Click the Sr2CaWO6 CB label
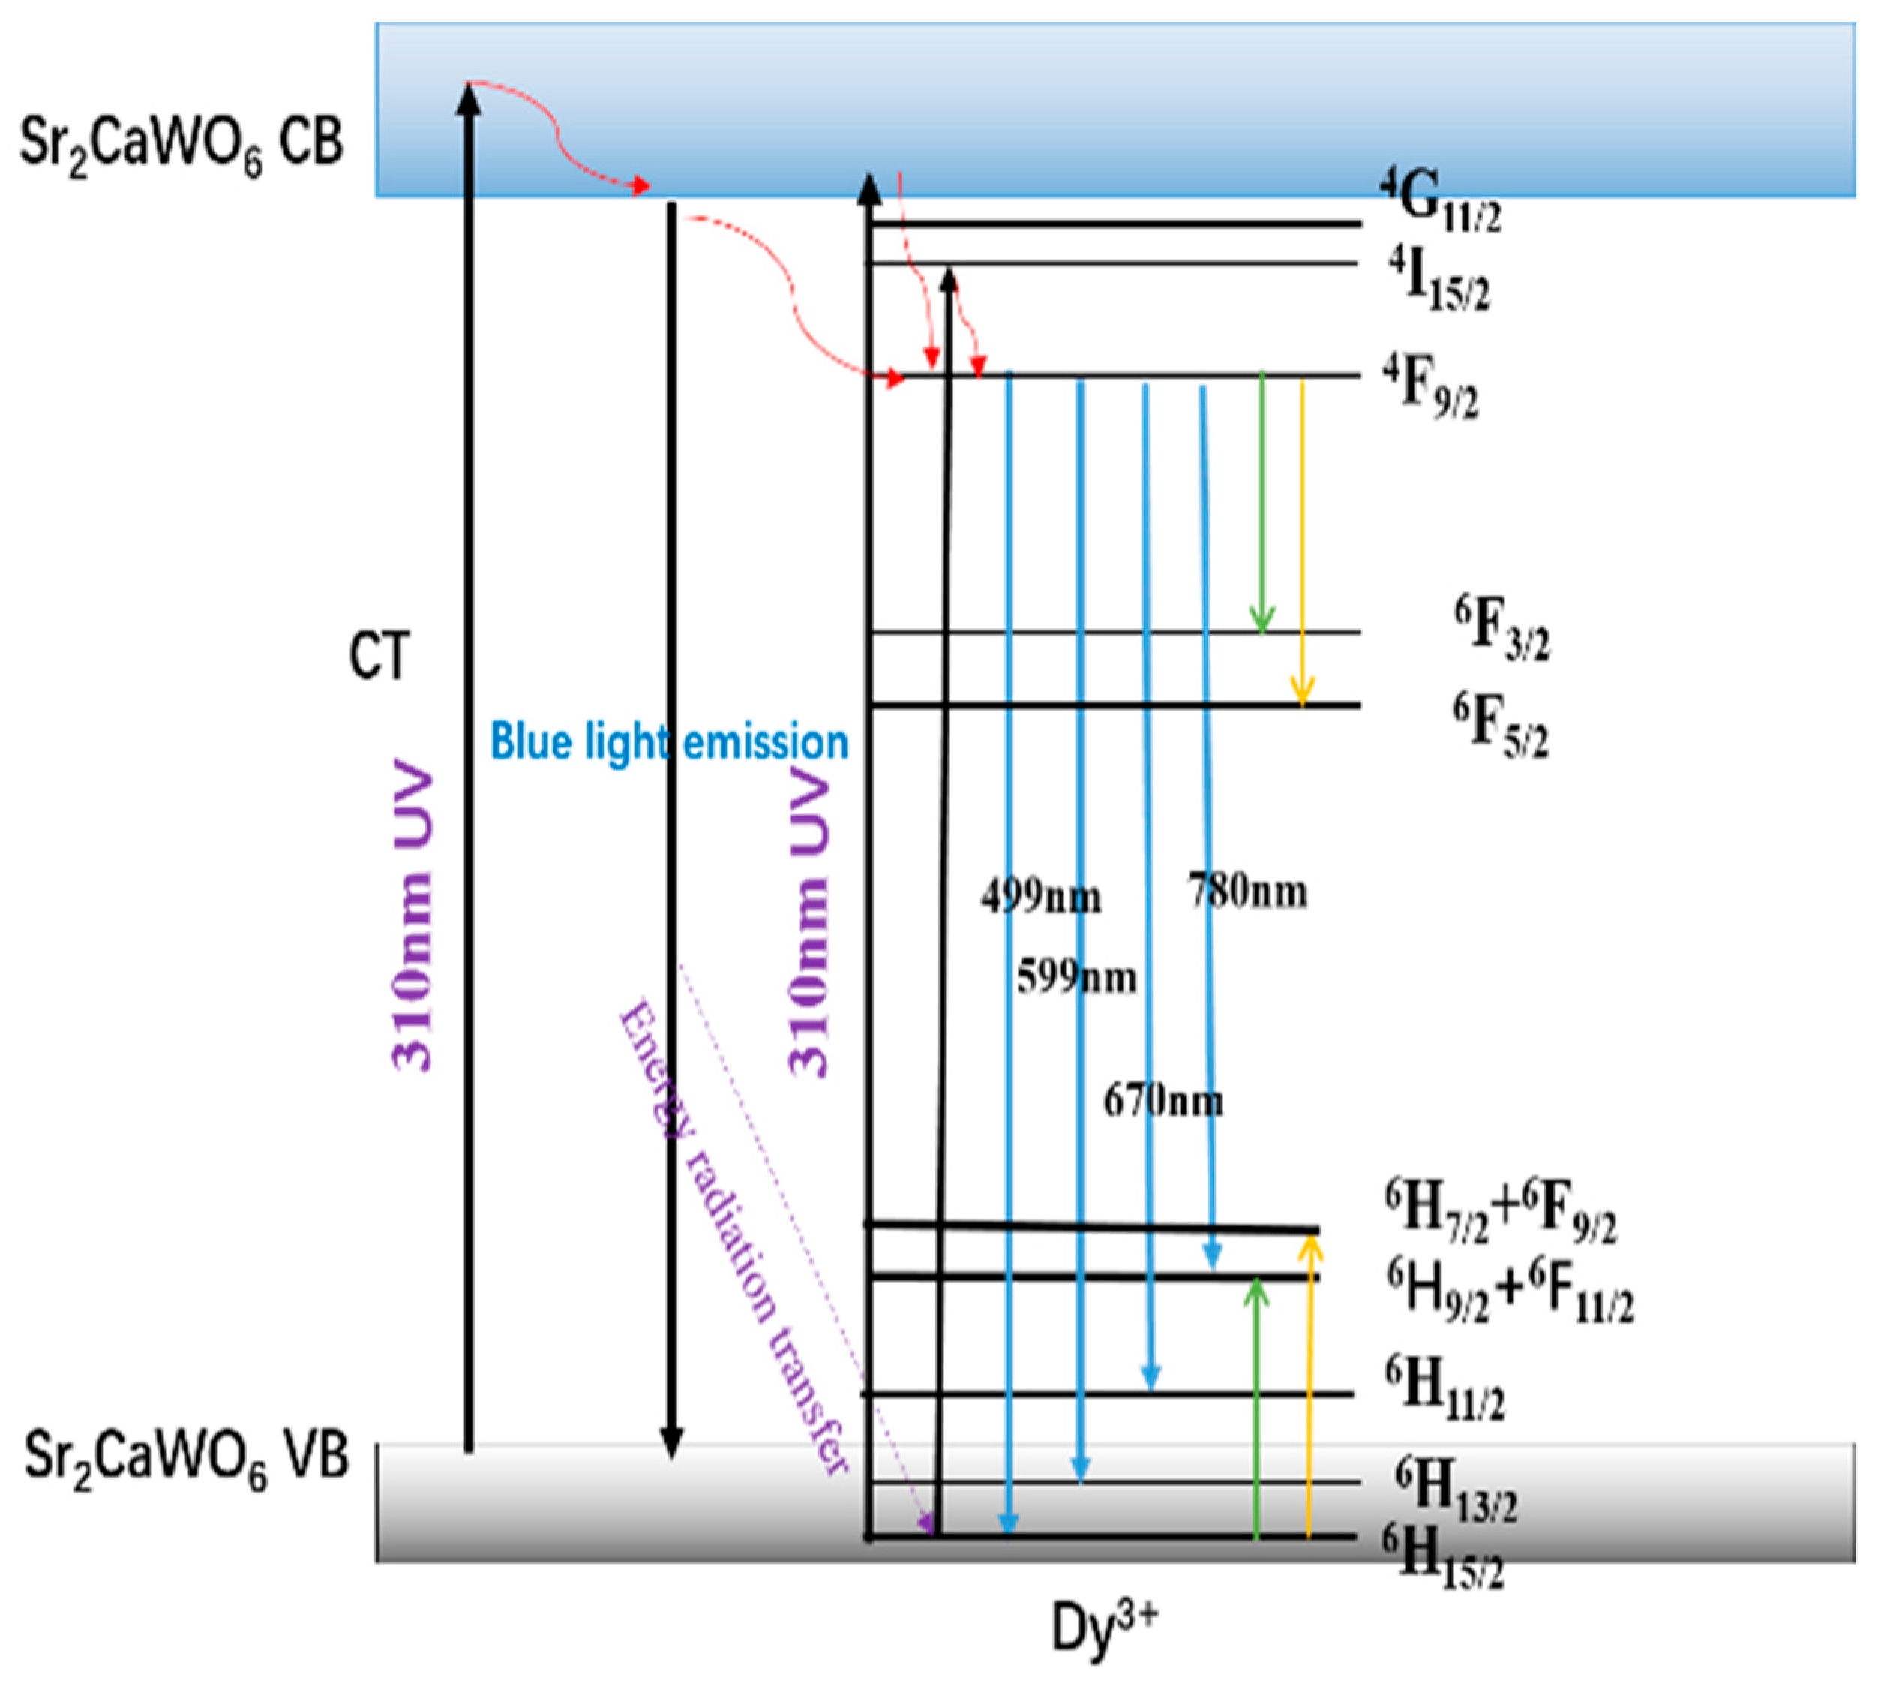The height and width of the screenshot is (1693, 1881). tap(181, 144)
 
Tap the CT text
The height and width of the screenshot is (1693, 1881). tap(379, 657)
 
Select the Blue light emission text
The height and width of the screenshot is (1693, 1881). tap(670, 742)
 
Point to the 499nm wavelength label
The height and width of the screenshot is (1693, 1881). tap(1040, 898)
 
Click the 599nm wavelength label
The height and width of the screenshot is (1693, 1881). tap(1075, 978)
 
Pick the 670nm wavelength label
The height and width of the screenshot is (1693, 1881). tap(1162, 1102)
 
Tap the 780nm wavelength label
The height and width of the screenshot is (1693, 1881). tap(1248, 891)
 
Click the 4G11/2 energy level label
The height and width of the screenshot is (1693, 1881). tap(1439, 200)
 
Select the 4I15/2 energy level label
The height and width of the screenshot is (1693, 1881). tap(1439, 280)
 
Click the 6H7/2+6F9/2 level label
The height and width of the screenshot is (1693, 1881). tap(1500, 1214)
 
